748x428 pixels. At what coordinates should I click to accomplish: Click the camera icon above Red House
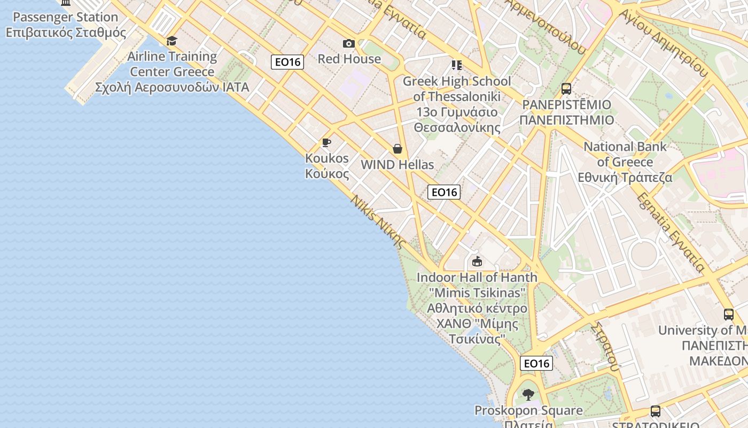(x=349, y=43)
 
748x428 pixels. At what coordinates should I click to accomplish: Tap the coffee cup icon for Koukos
(x=326, y=142)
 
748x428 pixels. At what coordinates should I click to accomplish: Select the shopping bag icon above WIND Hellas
(x=398, y=149)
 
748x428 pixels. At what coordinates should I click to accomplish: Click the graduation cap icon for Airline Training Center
(x=172, y=41)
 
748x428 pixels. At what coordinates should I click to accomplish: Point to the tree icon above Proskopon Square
(x=528, y=395)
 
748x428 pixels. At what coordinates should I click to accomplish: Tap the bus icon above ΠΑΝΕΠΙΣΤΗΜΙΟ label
(x=566, y=89)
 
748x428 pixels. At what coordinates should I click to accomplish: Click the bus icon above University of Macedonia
(x=729, y=315)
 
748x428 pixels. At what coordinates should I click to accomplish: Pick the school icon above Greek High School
(x=457, y=65)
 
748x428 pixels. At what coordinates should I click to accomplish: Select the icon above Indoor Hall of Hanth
(x=477, y=262)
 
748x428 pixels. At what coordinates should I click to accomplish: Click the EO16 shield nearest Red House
(x=287, y=62)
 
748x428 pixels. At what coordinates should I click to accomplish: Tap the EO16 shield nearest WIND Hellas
(x=444, y=192)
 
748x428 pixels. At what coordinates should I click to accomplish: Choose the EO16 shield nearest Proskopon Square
(x=536, y=364)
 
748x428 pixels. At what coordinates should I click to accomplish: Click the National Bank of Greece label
(x=625, y=162)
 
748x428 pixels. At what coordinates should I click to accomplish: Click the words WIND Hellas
(x=398, y=165)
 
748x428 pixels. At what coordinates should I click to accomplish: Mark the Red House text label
(x=349, y=59)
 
